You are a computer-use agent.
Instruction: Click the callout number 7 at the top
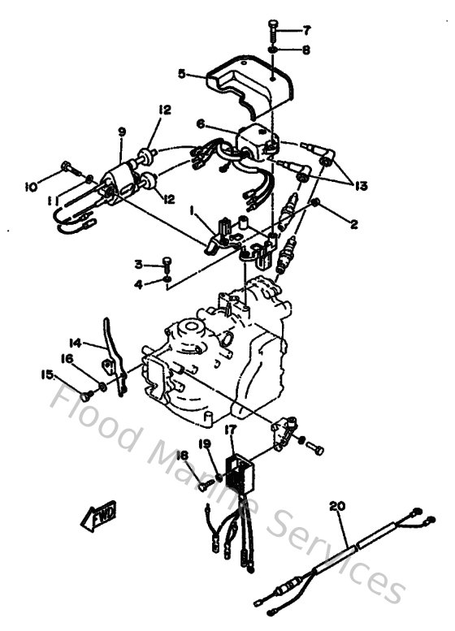(307, 31)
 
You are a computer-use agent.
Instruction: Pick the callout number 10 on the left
(32, 187)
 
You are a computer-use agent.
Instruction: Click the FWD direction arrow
(99, 513)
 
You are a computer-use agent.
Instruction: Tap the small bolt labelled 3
(167, 263)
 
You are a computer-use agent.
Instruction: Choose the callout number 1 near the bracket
(192, 210)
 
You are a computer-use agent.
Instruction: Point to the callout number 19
(206, 443)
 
